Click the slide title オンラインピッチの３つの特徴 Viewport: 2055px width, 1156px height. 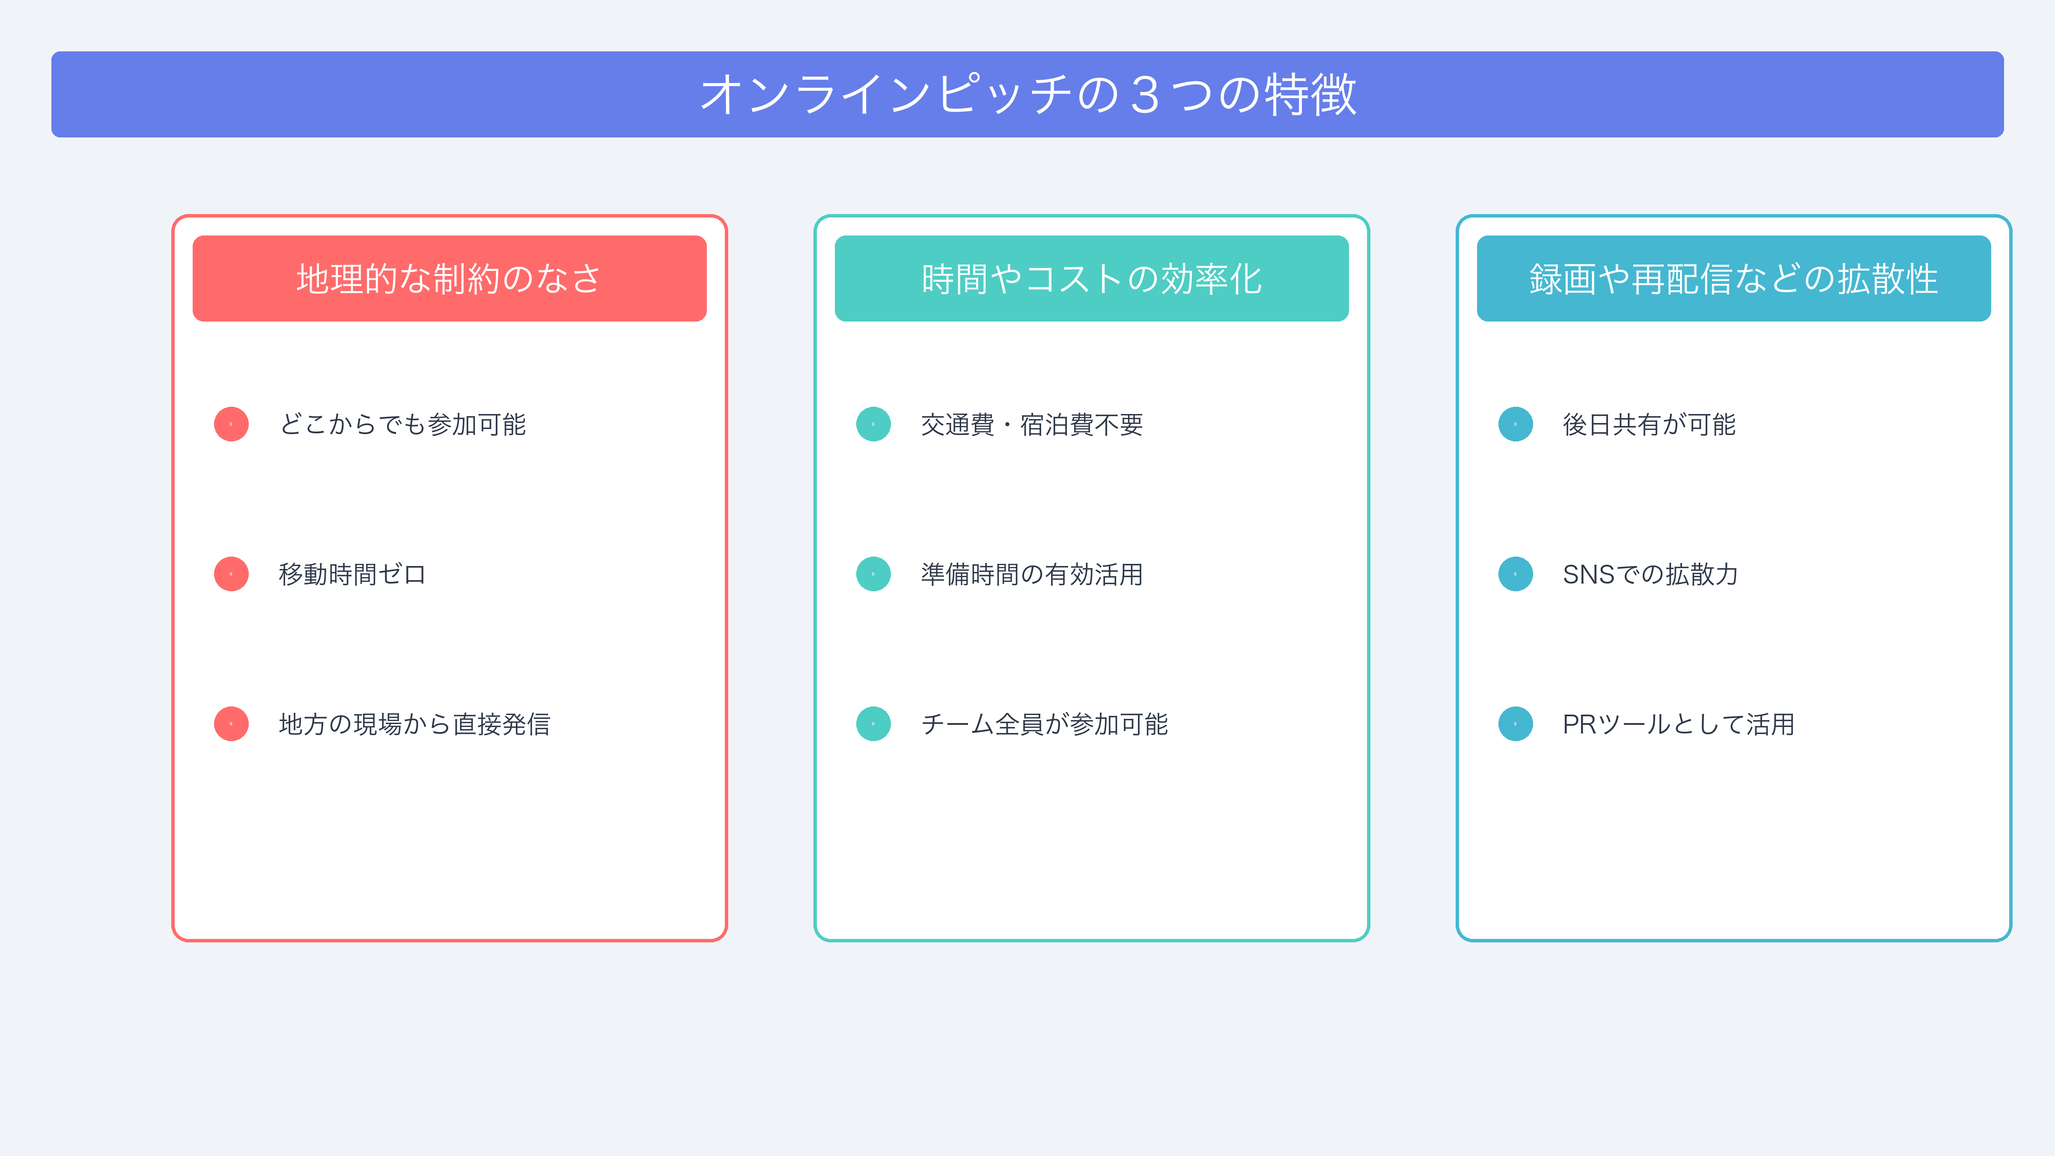pyautogui.click(x=1027, y=94)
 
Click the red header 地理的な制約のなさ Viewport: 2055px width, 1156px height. pyautogui.click(x=449, y=278)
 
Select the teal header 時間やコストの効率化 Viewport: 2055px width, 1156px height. pyautogui.click(x=1091, y=278)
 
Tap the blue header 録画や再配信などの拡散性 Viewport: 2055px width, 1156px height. pyautogui.click(x=1733, y=278)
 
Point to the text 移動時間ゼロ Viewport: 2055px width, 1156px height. pyautogui.click(x=353, y=575)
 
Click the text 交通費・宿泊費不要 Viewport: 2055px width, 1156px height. pyautogui.click(x=1031, y=424)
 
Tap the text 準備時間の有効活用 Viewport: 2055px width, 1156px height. pyautogui.click(x=1031, y=575)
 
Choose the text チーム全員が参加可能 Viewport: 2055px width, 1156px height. pyautogui.click(x=1044, y=724)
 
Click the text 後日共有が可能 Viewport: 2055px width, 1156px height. pyautogui.click(x=1649, y=424)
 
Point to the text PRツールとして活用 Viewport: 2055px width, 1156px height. pyautogui.click(x=1678, y=724)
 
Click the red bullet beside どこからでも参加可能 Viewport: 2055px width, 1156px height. pyautogui.click(x=231, y=424)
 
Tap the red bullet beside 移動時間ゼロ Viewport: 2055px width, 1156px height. pyautogui.click(x=231, y=575)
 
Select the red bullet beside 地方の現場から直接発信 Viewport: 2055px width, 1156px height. pyautogui.click(x=231, y=724)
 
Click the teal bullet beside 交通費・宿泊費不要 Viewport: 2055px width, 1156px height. pyautogui.click(x=873, y=424)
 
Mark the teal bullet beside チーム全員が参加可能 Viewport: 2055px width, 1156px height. pyautogui.click(x=873, y=724)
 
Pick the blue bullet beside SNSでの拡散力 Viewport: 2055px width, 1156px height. pyautogui.click(x=1516, y=575)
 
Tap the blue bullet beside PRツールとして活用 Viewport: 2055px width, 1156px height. pyautogui.click(x=1516, y=724)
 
